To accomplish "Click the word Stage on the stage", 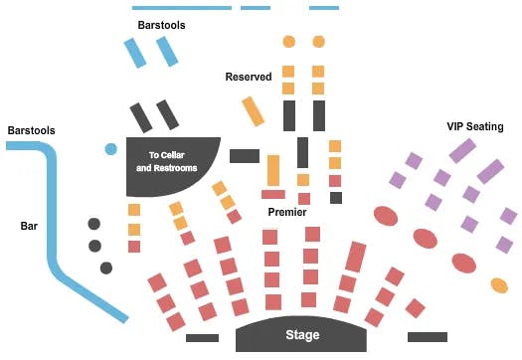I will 302,334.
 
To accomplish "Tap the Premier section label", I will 286,212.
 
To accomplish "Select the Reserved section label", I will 248,77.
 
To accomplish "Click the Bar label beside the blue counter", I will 29,226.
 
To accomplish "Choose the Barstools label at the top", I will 162,25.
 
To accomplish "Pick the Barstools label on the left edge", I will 32,130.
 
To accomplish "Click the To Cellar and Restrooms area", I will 173,161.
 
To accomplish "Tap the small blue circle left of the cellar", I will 110,149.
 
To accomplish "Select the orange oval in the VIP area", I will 500,285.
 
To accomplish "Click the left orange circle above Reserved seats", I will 289,42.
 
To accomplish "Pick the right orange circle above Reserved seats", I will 318,42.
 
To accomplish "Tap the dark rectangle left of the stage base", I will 202,338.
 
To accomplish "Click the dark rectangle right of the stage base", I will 427,337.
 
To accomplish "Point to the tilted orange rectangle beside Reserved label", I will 253,110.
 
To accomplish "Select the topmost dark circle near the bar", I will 94,224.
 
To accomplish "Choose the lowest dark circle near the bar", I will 105,268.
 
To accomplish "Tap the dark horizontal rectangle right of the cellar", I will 244,155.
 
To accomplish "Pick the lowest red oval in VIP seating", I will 463,264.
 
